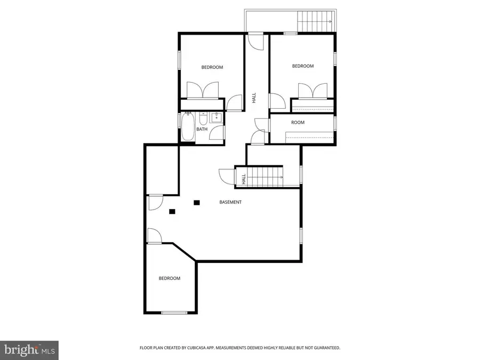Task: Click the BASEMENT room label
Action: click(x=230, y=202)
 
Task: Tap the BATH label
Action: click(x=202, y=129)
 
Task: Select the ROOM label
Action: click(x=298, y=123)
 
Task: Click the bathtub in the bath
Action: click(x=188, y=127)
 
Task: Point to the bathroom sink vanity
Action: click(x=217, y=118)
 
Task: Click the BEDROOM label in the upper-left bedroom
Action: click(x=212, y=67)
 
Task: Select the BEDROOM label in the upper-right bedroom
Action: click(x=302, y=66)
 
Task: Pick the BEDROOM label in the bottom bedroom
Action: click(x=169, y=278)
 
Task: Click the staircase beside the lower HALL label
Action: click(x=265, y=175)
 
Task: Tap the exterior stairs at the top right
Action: click(x=315, y=21)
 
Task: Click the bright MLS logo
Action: click(x=29, y=350)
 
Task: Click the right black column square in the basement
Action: click(x=197, y=202)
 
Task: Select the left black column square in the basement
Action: click(x=172, y=211)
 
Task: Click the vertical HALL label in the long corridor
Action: click(x=254, y=98)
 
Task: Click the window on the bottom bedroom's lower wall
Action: click(x=173, y=313)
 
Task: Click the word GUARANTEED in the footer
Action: click(x=326, y=348)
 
